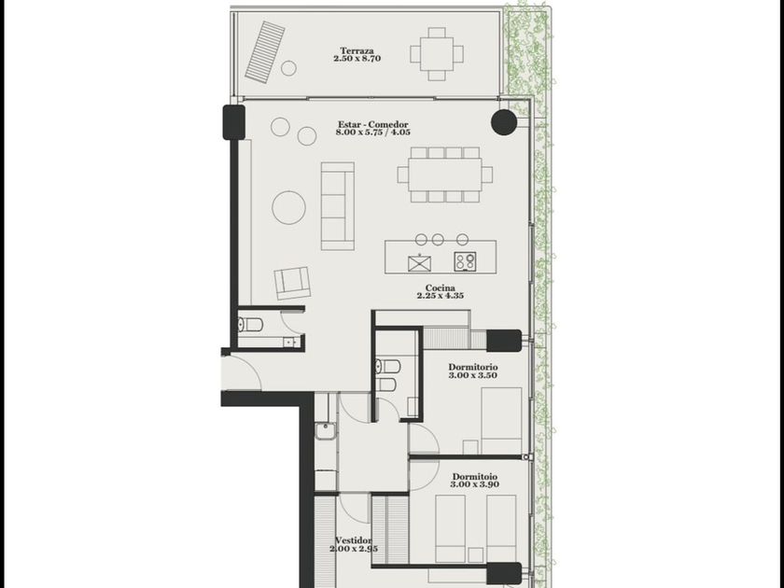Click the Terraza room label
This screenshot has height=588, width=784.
click(357, 50)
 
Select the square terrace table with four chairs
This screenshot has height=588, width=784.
click(437, 54)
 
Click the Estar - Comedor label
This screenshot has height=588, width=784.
click(373, 124)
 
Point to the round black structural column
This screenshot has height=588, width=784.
click(503, 122)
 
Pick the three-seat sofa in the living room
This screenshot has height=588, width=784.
click(338, 206)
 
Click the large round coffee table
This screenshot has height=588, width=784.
click(289, 207)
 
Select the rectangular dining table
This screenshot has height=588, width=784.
click(445, 175)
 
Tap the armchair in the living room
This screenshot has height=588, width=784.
click(292, 283)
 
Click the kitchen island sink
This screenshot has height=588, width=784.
click(419, 262)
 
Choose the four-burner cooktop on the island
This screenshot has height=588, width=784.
click(465, 262)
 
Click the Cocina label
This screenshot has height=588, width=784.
click(440, 288)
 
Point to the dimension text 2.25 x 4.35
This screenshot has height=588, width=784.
click(440, 296)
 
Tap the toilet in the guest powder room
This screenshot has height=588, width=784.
click(250, 325)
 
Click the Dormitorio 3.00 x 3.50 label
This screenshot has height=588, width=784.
click(473, 371)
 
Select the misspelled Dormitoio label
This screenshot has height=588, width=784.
click(475, 477)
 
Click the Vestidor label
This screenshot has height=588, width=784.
click(354, 540)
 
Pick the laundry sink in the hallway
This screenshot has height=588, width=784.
click(326, 431)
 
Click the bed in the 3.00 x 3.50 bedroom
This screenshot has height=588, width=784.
click(501, 420)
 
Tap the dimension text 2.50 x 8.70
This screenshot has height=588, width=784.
click(357, 58)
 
